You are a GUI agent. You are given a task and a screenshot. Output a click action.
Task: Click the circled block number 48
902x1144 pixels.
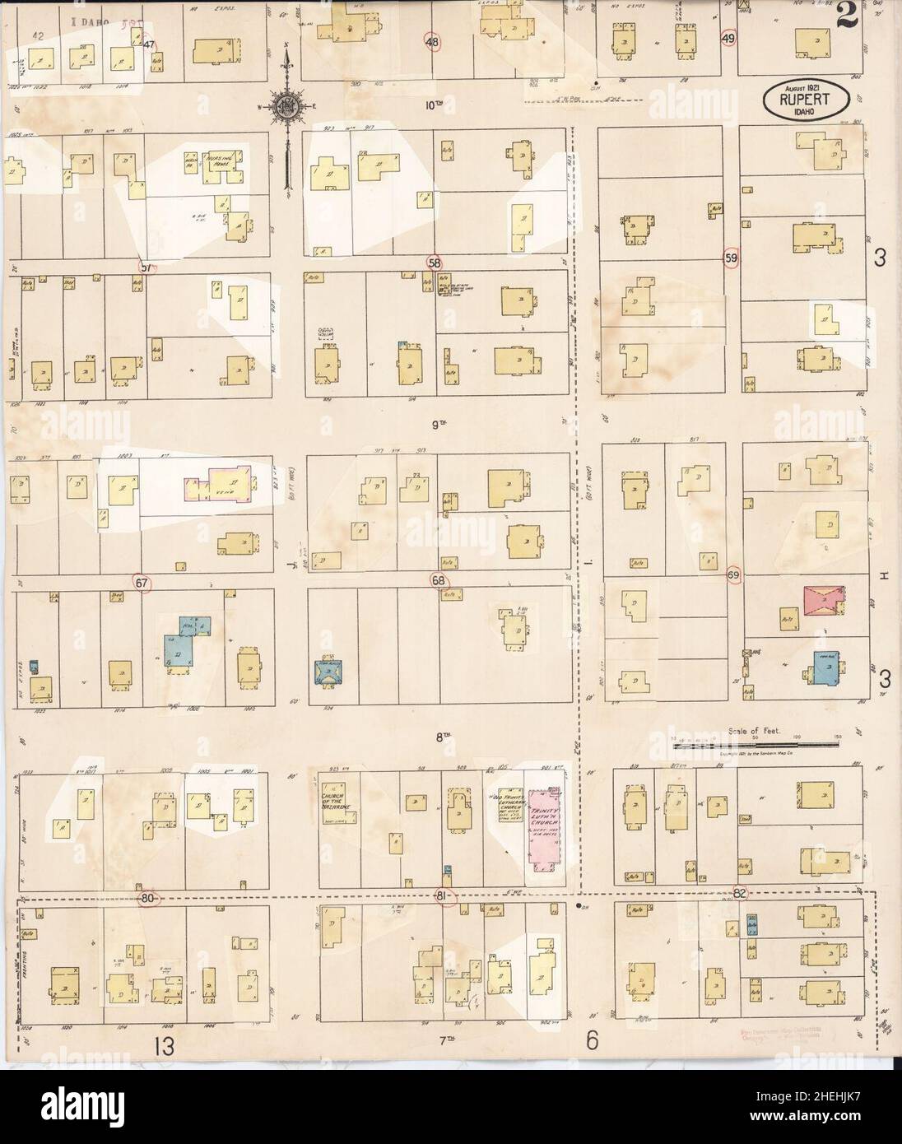click(x=431, y=40)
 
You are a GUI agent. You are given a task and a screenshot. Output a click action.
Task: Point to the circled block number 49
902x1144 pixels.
click(x=728, y=39)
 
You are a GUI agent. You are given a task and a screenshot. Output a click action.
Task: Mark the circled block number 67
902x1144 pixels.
click(x=142, y=583)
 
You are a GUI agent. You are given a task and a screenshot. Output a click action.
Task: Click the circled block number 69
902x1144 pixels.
click(x=732, y=574)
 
